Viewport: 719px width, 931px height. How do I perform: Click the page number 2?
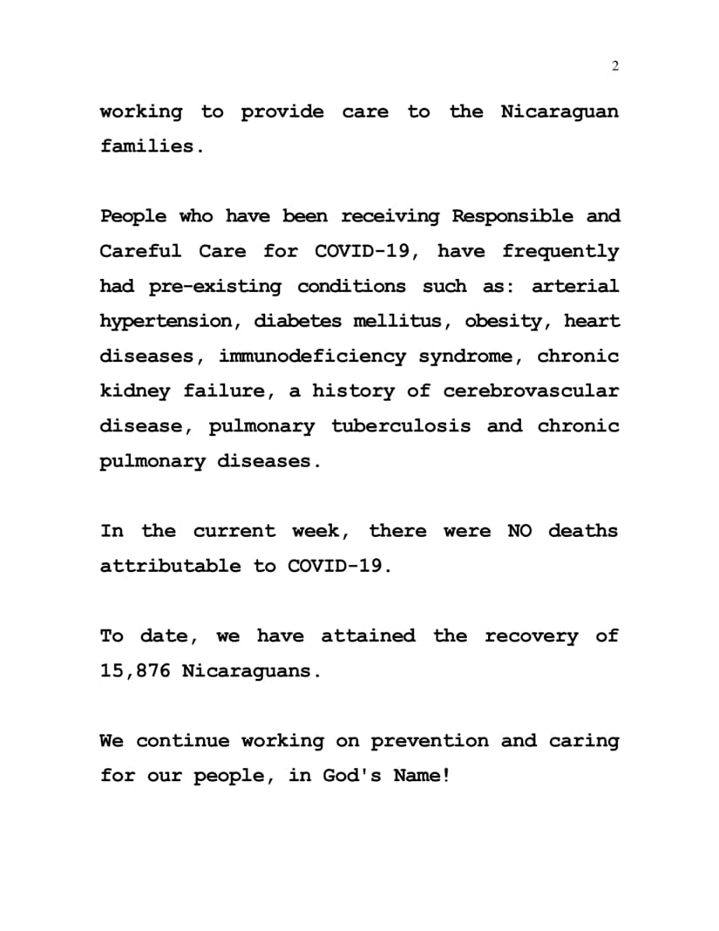pos(615,67)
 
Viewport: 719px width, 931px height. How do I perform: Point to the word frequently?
pos(560,251)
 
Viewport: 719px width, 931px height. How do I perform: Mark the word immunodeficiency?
pos(312,356)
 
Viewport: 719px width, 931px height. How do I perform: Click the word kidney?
pos(134,391)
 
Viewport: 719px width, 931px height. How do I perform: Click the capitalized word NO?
pos(519,531)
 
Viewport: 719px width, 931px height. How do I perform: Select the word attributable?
pos(170,566)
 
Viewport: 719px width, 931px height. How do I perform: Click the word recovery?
pos(531,636)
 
